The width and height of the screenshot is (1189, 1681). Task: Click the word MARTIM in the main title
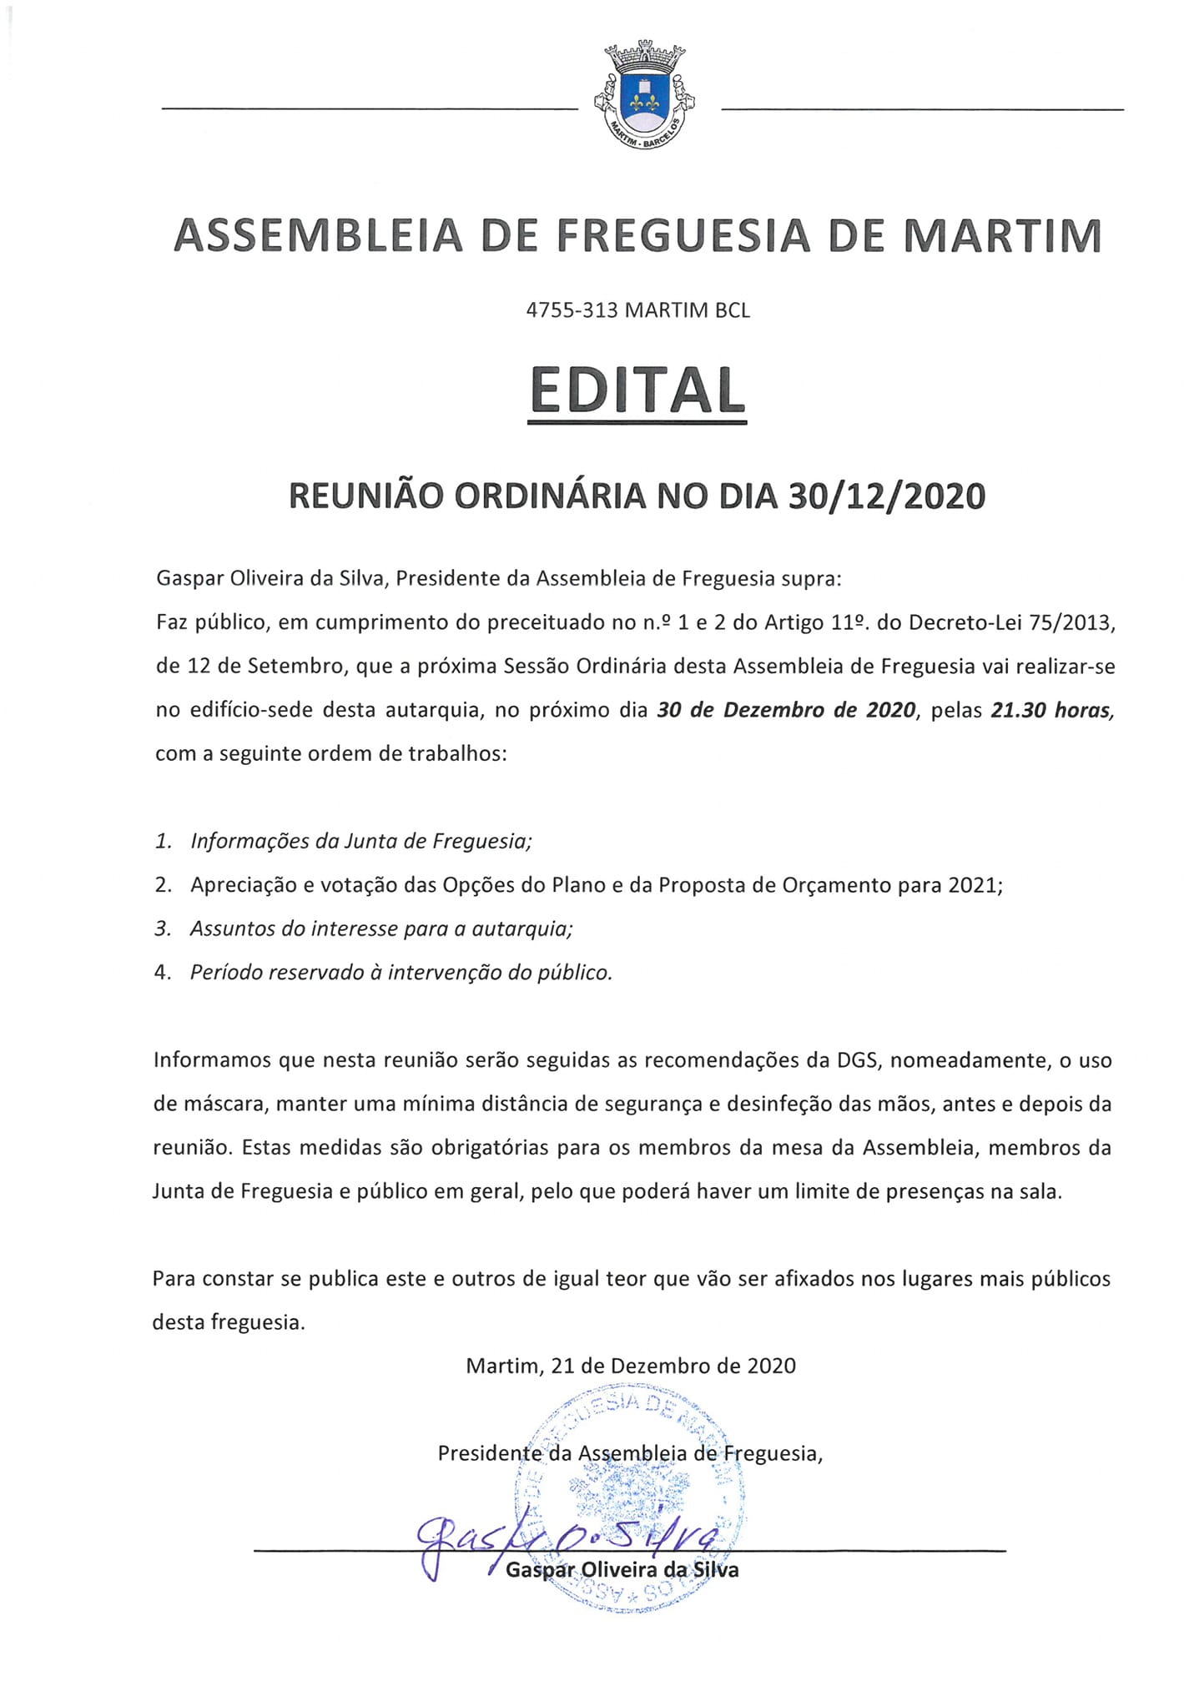1004,236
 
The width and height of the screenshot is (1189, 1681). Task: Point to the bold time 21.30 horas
1051,711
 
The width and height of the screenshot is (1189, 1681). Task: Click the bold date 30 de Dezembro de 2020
787,711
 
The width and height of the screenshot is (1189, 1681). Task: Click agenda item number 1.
164,841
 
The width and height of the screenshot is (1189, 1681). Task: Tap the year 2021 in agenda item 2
974,885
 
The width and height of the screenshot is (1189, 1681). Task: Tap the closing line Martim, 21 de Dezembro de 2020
631,1366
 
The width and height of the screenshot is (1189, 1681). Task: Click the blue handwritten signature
567,1540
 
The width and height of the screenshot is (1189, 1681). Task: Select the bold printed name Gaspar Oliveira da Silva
622,1570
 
